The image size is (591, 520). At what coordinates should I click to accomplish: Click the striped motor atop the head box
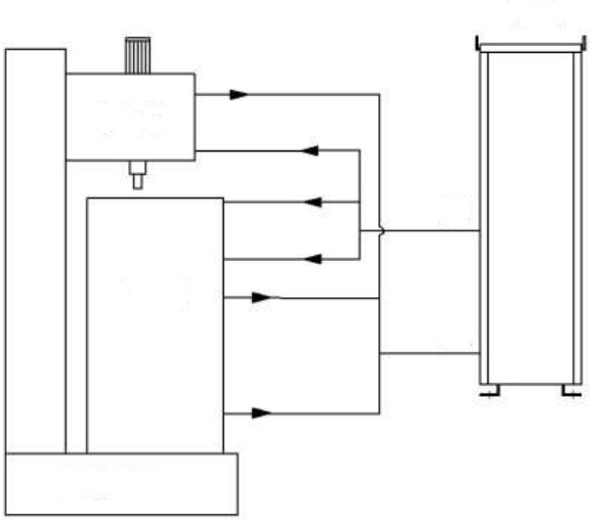[x=135, y=55]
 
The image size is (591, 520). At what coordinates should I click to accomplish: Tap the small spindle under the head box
[x=137, y=176]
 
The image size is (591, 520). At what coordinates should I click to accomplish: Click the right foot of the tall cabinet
[x=568, y=392]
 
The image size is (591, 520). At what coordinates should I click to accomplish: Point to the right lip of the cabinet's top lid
[x=580, y=43]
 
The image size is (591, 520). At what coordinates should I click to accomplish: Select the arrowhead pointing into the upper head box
[x=312, y=152]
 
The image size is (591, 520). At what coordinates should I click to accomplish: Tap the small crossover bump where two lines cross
[x=379, y=231]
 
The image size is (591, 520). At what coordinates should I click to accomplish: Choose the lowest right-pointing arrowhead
[x=261, y=413]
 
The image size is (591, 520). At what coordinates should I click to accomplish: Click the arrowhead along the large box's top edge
[x=312, y=202]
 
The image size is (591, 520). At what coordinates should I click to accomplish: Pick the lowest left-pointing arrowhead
[x=312, y=258]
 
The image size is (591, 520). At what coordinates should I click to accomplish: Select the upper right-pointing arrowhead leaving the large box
[x=261, y=296]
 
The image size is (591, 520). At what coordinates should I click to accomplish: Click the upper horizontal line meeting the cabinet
[x=430, y=231]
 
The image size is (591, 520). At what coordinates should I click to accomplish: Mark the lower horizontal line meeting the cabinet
[x=430, y=351]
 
